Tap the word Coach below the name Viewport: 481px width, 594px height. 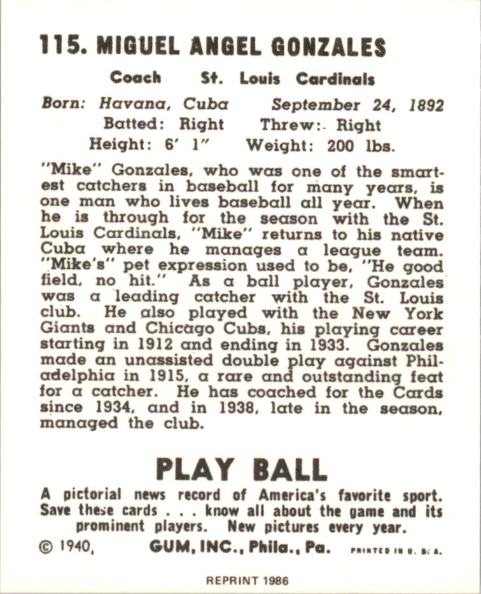[x=135, y=78]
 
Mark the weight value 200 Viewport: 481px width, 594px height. [x=341, y=145]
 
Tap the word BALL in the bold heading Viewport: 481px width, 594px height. [x=289, y=469]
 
